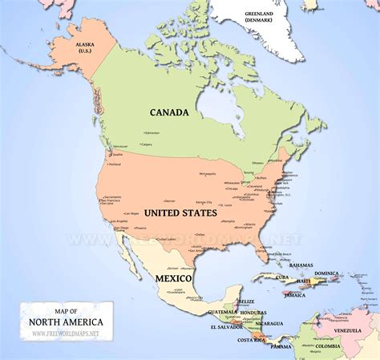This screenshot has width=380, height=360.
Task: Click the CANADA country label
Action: [x=170, y=112]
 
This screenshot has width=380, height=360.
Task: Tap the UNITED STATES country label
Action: [x=180, y=212]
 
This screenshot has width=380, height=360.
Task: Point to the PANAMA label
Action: [x=281, y=346]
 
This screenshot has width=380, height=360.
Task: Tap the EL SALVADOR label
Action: [x=225, y=327]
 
